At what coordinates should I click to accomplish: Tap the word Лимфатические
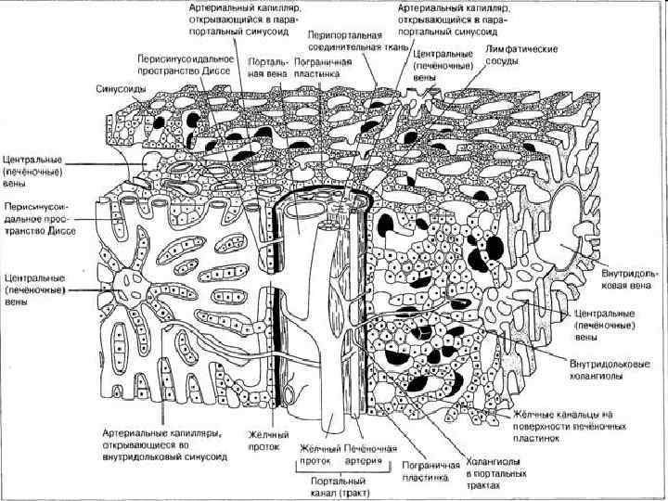[518, 46]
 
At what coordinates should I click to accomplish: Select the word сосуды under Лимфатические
[506, 58]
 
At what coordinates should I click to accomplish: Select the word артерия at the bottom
[364, 459]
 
